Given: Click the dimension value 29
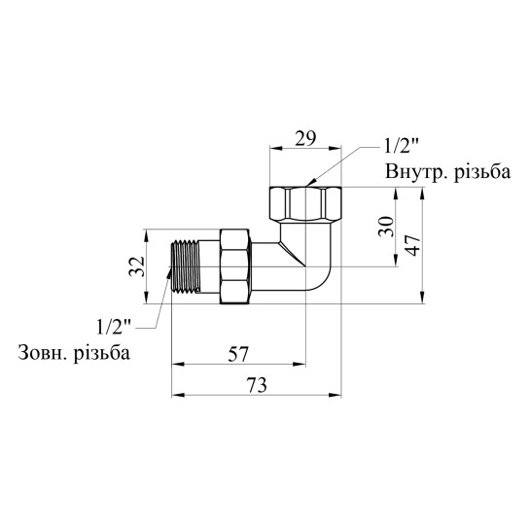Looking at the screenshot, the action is [305, 138].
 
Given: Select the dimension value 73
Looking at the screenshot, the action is [256, 385].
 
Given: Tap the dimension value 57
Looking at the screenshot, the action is [238, 354].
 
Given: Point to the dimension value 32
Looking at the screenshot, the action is [137, 266].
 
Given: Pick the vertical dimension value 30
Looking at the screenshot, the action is [386, 227].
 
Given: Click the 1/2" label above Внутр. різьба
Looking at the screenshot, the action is [402, 147].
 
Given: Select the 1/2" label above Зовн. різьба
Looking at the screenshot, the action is [114, 327].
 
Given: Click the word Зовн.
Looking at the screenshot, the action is [43, 353].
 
